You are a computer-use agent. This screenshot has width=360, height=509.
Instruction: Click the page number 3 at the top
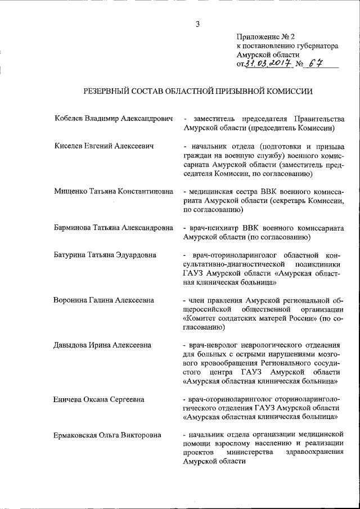[197, 24]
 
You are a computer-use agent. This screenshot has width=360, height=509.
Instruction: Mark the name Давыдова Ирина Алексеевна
[102, 345]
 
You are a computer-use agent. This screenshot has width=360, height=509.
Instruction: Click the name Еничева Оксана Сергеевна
[99, 399]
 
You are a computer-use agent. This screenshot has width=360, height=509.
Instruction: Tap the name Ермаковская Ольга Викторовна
[107, 435]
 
